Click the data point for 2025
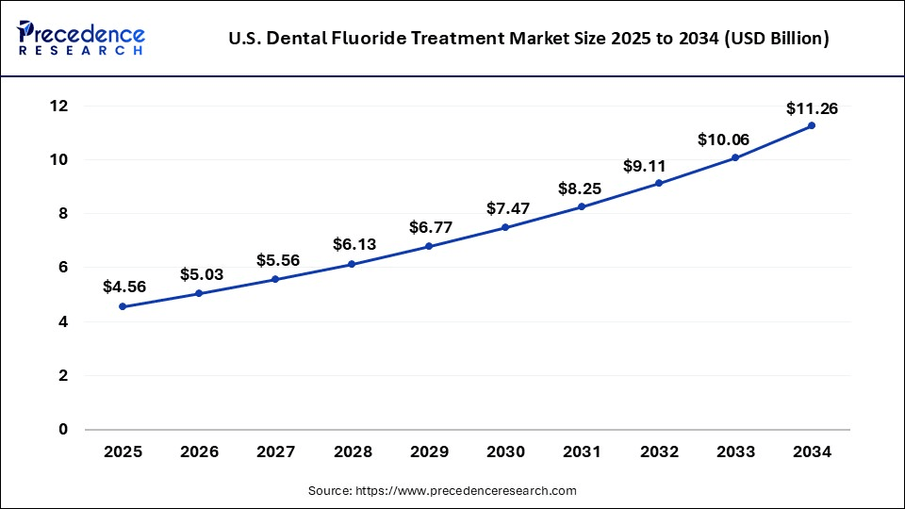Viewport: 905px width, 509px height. [x=123, y=306]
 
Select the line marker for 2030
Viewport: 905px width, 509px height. [x=505, y=227]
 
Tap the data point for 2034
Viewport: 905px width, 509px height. [x=812, y=125]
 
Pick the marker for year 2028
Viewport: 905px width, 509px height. [x=353, y=264]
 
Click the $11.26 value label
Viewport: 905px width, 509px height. [x=812, y=108]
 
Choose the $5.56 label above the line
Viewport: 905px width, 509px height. [x=278, y=260]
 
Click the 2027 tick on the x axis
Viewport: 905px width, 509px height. [x=276, y=452]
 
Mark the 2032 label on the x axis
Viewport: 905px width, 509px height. [x=659, y=452]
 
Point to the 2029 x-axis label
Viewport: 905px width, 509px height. [x=429, y=452]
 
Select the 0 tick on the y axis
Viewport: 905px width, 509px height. [x=64, y=430]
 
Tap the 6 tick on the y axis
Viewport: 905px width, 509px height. [x=64, y=268]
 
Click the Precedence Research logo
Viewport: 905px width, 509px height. [x=81, y=37]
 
